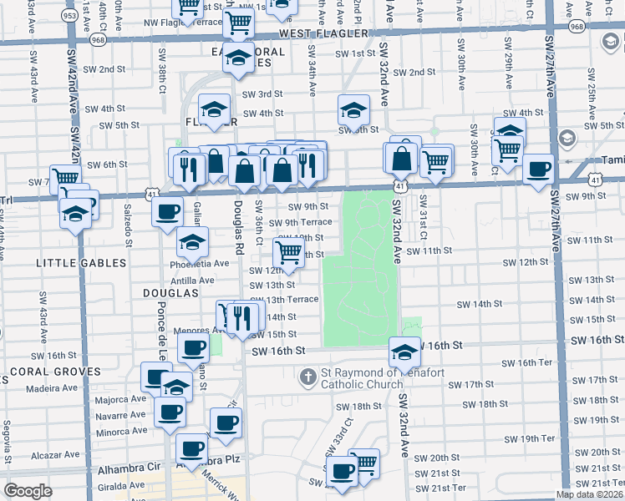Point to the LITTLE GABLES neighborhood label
point(81,263)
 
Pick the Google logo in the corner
point(28,491)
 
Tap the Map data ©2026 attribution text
point(589,494)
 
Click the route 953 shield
point(71,15)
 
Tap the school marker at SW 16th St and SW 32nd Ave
point(404,352)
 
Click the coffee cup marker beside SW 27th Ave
point(538,170)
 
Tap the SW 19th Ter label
point(530,438)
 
